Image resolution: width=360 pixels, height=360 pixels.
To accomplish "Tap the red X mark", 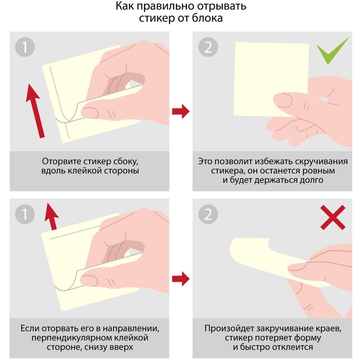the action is [333, 217].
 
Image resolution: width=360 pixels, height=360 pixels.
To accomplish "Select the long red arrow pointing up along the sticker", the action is [35, 111].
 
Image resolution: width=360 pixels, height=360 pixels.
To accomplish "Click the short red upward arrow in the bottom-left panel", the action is [51, 216].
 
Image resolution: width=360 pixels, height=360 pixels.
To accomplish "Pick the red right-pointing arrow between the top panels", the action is [181, 111].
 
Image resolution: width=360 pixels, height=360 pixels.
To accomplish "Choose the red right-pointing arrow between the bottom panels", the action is [181, 279].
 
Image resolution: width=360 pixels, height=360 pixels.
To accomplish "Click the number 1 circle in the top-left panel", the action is [25, 47].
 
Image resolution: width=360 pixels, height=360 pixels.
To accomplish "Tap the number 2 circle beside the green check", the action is [208, 47].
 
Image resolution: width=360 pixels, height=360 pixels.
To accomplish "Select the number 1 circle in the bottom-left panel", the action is [25, 214].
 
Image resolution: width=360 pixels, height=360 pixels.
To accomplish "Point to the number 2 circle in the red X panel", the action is [208, 214].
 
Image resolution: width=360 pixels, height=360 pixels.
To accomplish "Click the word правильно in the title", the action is [165, 6].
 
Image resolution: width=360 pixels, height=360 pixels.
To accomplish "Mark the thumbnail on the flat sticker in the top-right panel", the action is [284, 100].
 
